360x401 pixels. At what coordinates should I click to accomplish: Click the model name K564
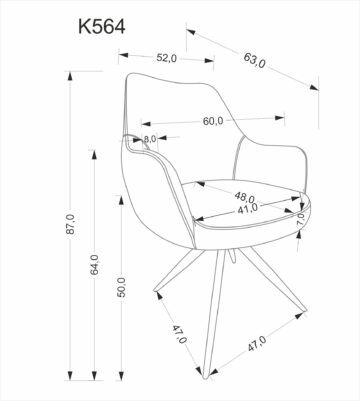point(102,27)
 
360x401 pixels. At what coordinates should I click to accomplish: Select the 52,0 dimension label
point(167,58)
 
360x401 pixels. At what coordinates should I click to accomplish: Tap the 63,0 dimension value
point(255,60)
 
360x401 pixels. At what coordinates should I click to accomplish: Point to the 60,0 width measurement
point(213,121)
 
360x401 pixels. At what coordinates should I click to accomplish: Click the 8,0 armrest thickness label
point(150,138)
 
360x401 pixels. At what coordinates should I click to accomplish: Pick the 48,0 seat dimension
point(244,196)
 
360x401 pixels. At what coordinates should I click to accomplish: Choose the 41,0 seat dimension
point(247,209)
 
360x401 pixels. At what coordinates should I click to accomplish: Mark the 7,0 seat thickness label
point(301,219)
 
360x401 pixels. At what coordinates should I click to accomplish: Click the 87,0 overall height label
point(71,224)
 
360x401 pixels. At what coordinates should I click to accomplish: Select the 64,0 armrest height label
point(95,265)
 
